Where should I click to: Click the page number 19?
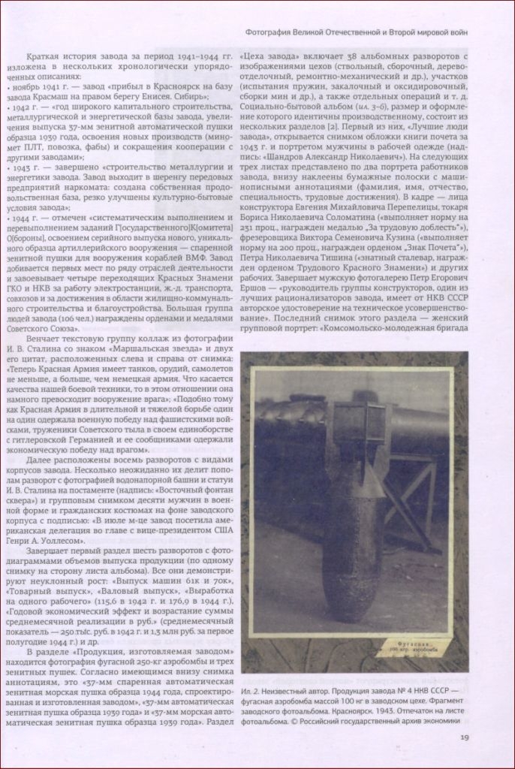pos(465,736)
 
